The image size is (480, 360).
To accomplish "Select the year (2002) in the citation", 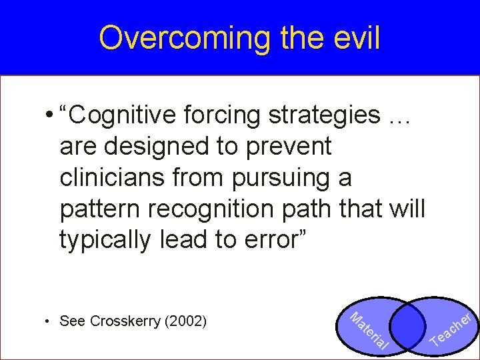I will click(185, 321).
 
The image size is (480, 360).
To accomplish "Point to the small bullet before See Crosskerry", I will click(47, 321).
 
